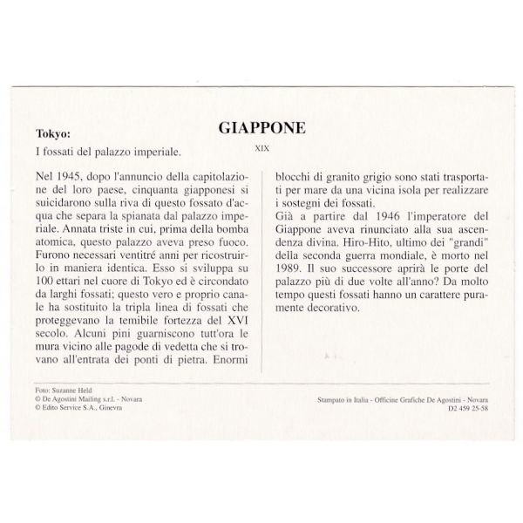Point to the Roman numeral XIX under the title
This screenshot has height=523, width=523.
[261, 147]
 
